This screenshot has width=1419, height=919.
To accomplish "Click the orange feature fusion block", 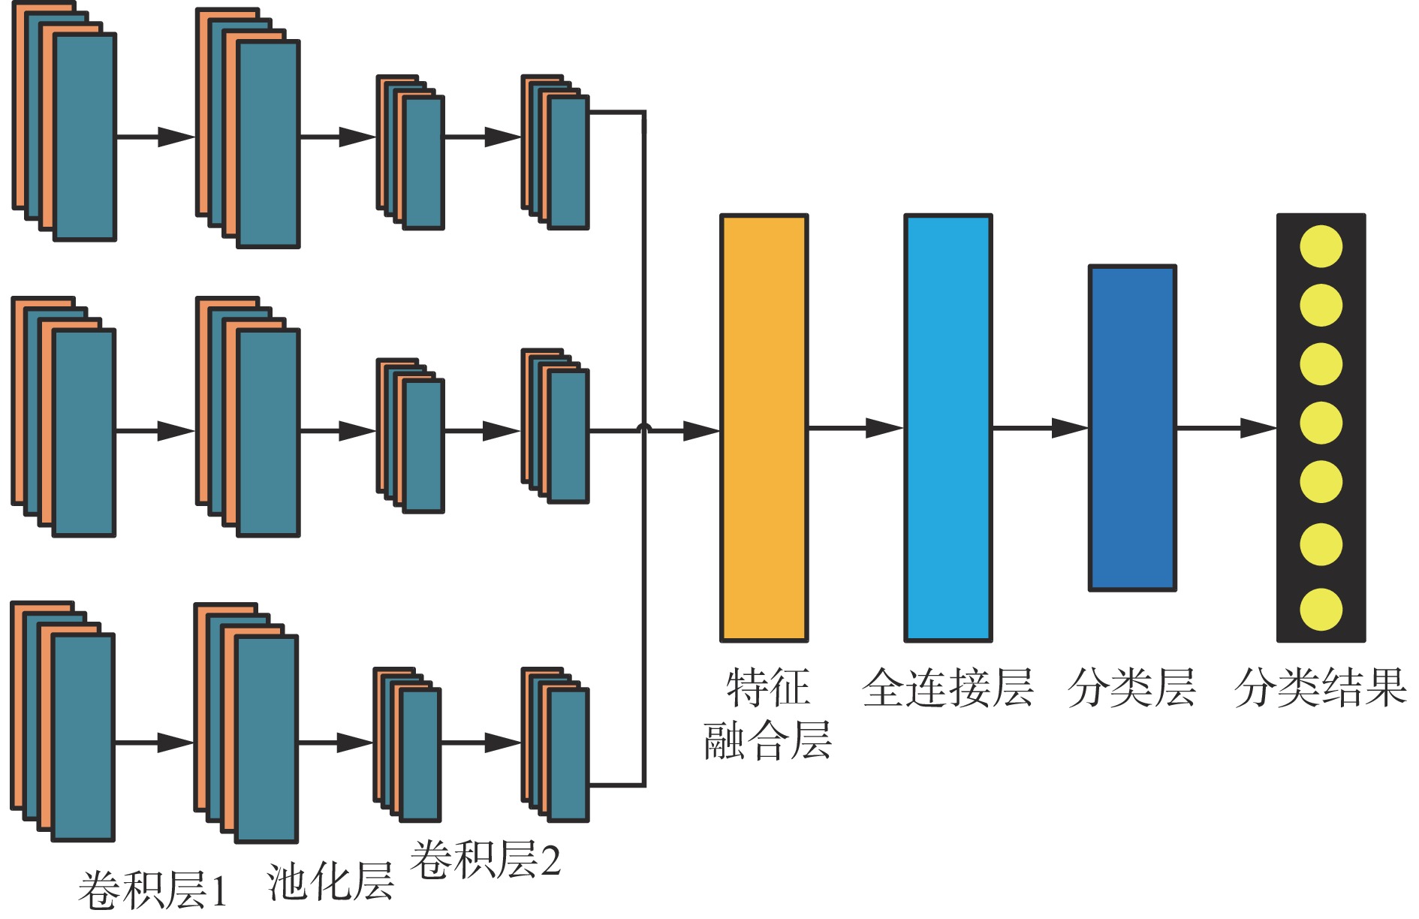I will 764,428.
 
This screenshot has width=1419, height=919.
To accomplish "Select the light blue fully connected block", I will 948,428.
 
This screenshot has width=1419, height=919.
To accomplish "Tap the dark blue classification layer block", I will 1131,428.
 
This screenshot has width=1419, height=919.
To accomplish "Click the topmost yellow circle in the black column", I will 1321,246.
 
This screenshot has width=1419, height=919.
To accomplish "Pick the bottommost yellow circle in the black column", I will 1321,610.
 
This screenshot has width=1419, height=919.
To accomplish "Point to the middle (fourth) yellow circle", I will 1321,423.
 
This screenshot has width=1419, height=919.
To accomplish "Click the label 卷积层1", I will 152,890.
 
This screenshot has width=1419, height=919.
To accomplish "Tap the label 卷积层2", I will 485,860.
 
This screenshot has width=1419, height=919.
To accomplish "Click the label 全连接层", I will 948,688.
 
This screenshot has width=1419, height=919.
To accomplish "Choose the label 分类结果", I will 1320,688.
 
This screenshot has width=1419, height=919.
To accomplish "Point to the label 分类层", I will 1131,688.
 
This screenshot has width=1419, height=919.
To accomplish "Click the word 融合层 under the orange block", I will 767,740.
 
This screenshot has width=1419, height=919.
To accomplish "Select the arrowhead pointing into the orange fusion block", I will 701,431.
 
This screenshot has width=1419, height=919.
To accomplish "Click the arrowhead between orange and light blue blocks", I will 884,428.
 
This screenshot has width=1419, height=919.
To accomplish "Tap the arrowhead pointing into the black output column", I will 1258,428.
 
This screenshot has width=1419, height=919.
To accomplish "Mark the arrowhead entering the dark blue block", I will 1069,428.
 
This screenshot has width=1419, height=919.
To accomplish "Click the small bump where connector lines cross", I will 643,428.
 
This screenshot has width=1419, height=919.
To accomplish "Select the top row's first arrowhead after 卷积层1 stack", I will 176,137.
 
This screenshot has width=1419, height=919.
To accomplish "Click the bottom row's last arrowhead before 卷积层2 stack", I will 502,743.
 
